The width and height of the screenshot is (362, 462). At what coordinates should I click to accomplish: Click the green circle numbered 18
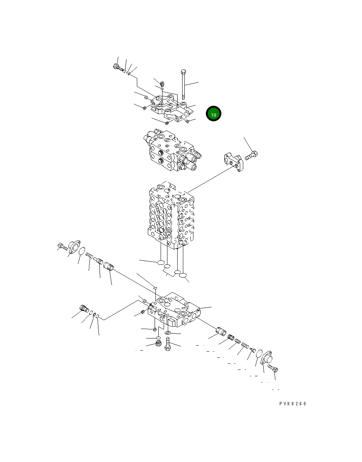(x=213, y=114)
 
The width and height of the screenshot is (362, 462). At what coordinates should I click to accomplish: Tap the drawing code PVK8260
(x=293, y=404)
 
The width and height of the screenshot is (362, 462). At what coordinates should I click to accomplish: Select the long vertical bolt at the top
(x=183, y=84)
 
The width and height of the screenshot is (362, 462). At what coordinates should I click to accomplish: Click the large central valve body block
(x=171, y=215)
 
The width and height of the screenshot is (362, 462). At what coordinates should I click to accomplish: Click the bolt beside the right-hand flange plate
(x=251, y=155)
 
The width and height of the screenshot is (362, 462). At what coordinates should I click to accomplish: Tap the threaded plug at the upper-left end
(x=118, y=68)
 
